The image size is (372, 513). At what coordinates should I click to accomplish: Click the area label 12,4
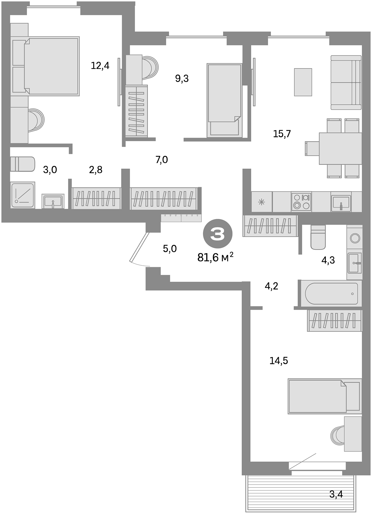(100, 66)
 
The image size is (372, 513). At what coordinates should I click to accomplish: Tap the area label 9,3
(182, 78)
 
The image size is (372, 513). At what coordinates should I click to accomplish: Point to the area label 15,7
(282, 134)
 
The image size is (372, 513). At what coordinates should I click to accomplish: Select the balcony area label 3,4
(336, 494)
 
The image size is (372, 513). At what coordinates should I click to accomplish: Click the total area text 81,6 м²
(215, 257)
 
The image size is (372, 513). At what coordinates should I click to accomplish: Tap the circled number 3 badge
(218, 234)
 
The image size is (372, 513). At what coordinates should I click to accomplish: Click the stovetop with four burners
(301, 202)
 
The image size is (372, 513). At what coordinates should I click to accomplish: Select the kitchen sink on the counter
(341, 203)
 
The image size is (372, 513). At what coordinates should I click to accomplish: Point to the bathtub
(331, 294)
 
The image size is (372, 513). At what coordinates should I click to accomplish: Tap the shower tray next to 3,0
(23, 195)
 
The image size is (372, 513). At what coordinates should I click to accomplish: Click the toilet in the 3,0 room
(23, 164)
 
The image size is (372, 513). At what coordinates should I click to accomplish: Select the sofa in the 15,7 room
(346, 82)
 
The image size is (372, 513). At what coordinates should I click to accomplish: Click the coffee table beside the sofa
(303, 82)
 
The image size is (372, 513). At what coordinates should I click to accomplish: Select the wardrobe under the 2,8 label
(96, 198)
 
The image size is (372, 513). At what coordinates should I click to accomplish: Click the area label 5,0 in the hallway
(170, 249)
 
